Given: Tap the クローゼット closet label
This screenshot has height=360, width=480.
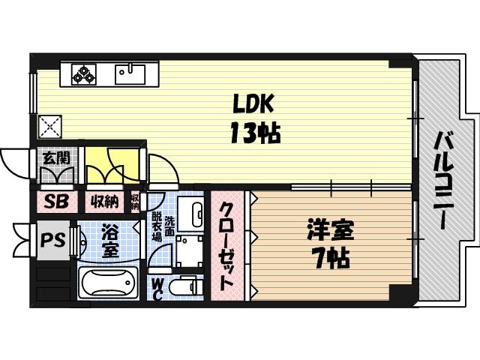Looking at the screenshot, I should click(226, 246).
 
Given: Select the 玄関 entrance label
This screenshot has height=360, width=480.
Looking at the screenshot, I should click(55, 157).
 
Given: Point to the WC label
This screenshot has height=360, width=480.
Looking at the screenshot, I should click(158, 289).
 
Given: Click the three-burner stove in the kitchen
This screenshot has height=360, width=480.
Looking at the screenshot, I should click(85, 75).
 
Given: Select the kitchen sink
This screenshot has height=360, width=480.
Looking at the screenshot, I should click(130, 74).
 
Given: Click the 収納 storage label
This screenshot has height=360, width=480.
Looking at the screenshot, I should click(104, 201).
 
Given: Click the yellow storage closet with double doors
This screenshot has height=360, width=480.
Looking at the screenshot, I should click(112, 166).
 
